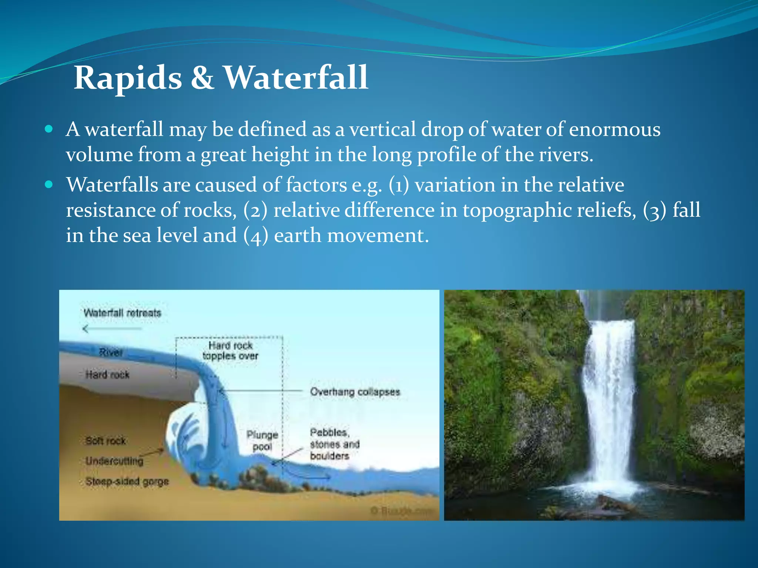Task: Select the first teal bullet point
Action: [49, 129]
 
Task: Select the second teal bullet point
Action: [49, 185]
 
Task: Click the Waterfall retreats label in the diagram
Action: [123, 313]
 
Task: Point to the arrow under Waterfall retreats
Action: [111, 328]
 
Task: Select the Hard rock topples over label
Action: [230, 351]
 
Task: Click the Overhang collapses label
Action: [355, 392]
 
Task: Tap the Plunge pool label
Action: [262, 441]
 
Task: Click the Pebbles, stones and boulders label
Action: [335, 444]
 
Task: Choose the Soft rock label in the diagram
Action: [106, 441]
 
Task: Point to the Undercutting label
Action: [114, 461]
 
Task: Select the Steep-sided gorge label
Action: [127, 481]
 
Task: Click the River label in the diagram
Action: [111, 352]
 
